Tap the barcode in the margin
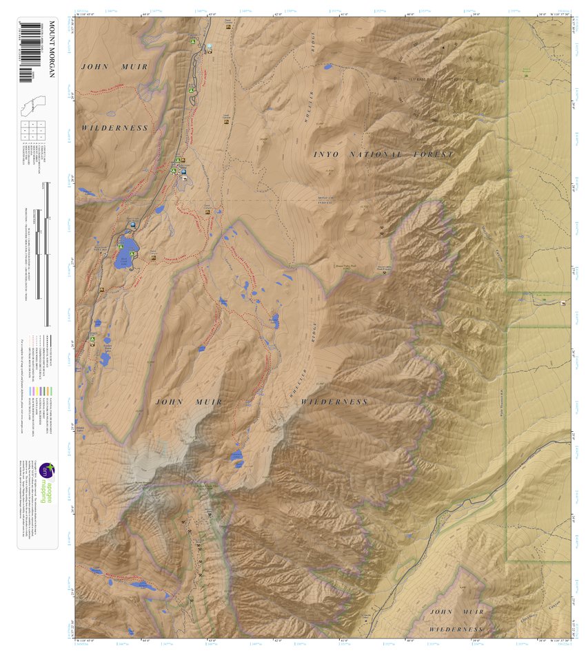(26, 52)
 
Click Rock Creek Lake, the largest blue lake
(124, 257)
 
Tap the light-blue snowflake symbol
(210, 47)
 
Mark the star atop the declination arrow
(453, 45)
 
